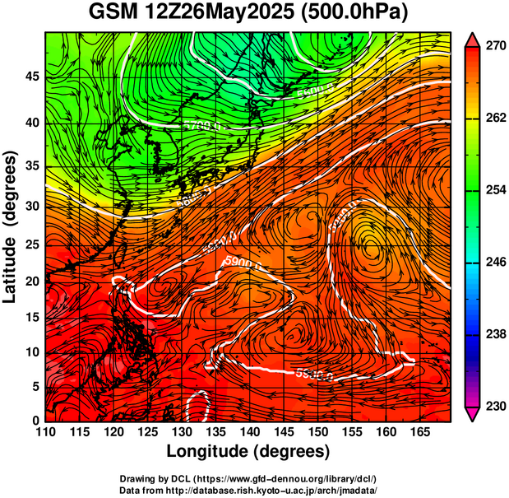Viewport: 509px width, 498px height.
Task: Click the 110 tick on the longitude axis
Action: (45, 432)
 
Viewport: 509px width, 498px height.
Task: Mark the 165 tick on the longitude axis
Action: (417, 432)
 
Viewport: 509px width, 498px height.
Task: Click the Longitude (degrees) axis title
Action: (248, 451)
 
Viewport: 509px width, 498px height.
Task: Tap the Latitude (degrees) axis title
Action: (11, 226)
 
